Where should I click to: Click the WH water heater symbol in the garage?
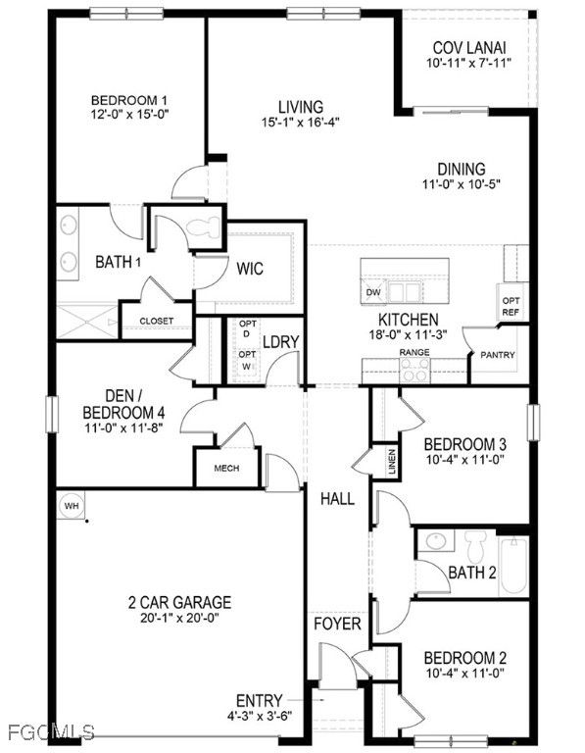[71, 505]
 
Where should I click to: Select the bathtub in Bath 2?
[513, 566]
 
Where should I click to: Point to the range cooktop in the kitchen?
[414, 370]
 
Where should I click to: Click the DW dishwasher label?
[372, 292]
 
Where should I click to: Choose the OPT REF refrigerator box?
[511, 306]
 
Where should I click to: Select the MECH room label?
[226, 469]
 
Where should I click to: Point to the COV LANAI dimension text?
[469, 64]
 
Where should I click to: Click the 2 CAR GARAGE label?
[179, 602]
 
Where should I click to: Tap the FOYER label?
[337, 624]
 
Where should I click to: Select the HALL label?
[337, 499]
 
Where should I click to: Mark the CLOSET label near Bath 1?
[156, 321]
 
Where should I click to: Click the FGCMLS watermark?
[49, 732]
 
